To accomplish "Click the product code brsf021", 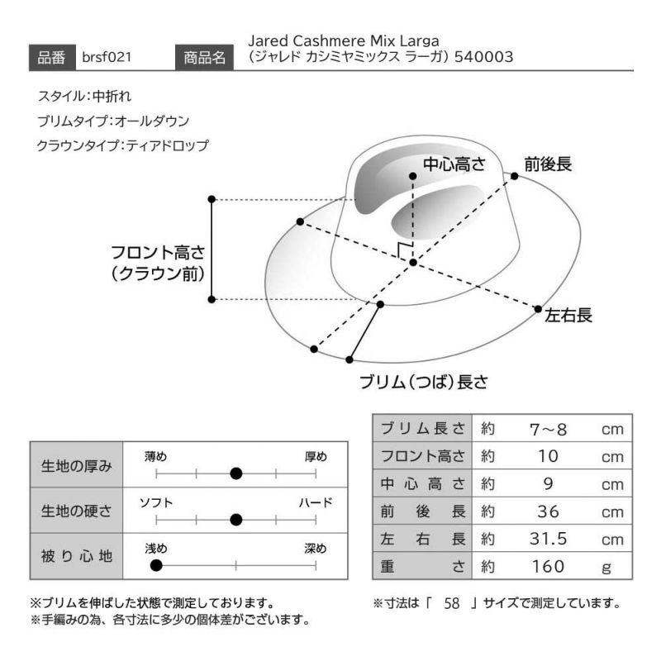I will (x=107, y=57).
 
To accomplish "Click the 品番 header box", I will (x=53, y=57).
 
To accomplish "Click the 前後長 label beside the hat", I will (x=548, y=164).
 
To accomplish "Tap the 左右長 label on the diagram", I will (x=568, y=316).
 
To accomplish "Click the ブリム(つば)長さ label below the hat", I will (x=424, y=383).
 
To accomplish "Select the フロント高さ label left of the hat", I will (x=157, y=263).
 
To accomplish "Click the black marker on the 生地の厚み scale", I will (x=236, y=473).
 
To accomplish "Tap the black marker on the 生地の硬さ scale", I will (x=236, y=520).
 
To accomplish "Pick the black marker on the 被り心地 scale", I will (x=156, y=566).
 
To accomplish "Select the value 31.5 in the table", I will (x=548, y=539).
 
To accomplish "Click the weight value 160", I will (x=548, y=567).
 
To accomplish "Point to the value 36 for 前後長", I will (x=548, y=511).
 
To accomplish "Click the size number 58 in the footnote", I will (x=450, y=603).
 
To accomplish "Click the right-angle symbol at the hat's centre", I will (x=405, y=251).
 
